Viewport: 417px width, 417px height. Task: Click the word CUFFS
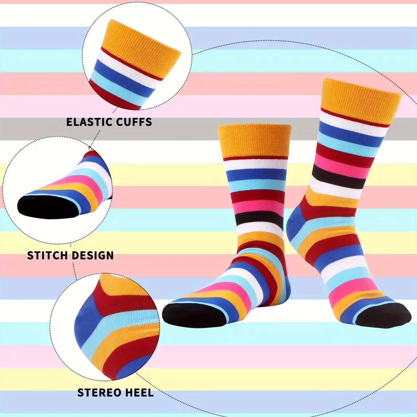click(134, 122)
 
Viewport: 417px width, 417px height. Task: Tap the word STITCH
click(47, 255)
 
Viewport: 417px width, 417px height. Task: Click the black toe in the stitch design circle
click(48, 207)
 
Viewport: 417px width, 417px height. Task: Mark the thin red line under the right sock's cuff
click(355, 118)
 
